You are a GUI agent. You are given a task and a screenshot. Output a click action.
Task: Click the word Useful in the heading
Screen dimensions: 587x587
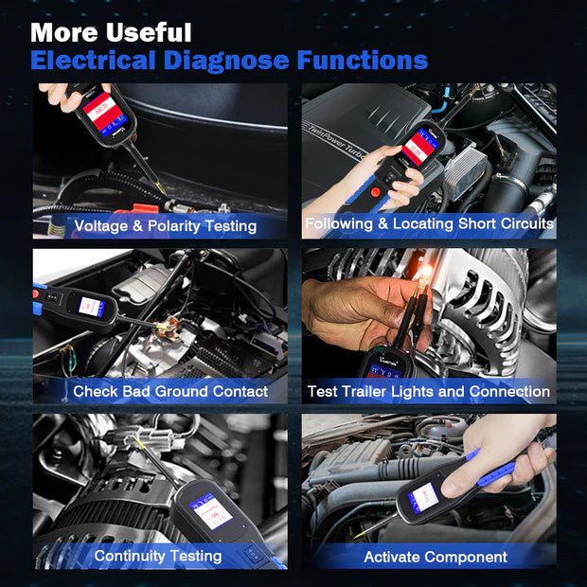pyautogui.click(x=140, y=33)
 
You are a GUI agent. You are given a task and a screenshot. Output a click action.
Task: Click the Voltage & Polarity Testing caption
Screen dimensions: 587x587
pyautogui.click(x=165, y=226)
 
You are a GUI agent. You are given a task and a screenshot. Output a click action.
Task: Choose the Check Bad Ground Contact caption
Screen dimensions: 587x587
pyautogui.click(x=170, y=391)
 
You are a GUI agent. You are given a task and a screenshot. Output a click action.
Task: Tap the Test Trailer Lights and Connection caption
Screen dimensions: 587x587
pyautogui.click(x=428, y=391)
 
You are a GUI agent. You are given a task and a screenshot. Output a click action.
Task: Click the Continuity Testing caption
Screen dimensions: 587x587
pyautogui.click(x=158, y=556)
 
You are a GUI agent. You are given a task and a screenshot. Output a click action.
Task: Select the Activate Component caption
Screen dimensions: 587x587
pyautogui.click(x=436, y=557)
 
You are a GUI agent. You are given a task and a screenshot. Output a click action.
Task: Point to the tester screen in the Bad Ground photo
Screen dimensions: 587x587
pyautogui.click(x=93, y=307)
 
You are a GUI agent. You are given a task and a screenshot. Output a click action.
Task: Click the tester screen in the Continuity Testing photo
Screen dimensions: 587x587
pyautogui.click(x=211, y=512)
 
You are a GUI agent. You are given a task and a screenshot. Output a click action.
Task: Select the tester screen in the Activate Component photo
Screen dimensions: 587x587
pyautogui.click(x=421, y=496)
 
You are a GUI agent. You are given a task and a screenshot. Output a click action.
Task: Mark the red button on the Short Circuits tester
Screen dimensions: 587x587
pyautogui.click(x=377, y=192)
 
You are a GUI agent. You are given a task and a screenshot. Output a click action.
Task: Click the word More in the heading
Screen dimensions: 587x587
pyautogui.click(x=62, y=33)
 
